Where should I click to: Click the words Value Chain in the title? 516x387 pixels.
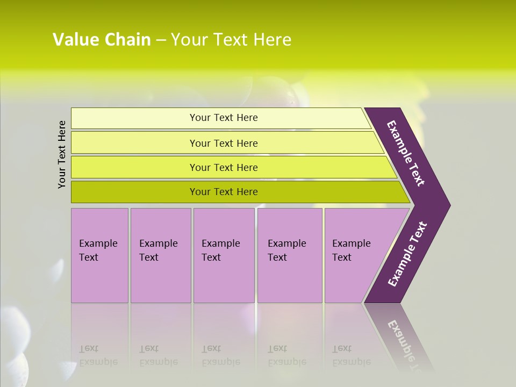[102, 40]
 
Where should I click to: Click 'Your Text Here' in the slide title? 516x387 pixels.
[231, 40]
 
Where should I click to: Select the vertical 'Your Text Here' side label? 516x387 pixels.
[62, 154]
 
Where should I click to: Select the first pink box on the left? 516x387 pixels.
[99, 279]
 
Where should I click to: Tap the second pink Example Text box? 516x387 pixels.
[161, 279]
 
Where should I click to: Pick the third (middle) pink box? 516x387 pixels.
[224, 279]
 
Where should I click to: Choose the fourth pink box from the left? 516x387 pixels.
[290, 279]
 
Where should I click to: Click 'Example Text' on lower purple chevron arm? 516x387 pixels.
[407, 254]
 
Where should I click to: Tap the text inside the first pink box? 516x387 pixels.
[98, 250]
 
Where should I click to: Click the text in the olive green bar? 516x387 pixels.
[224, 192]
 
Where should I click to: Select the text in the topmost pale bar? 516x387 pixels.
[224, 118]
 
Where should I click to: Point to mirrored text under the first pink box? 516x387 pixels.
[98, 355]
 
